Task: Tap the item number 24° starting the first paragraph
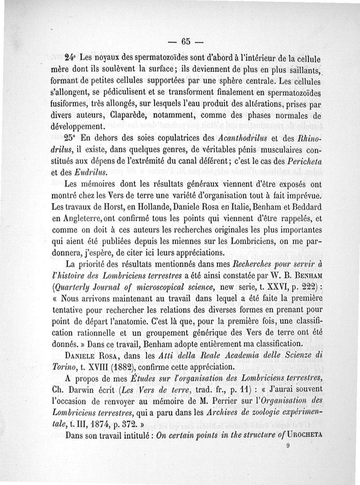point(70,58)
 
